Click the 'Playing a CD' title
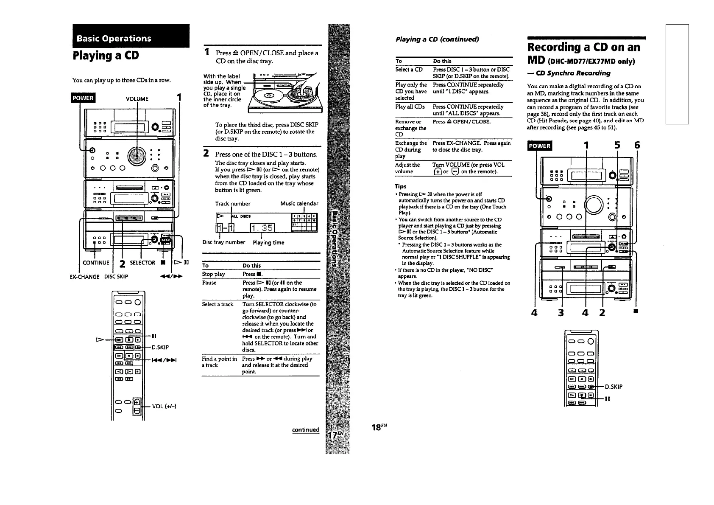[106, 56]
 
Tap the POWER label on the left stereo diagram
[83, 98]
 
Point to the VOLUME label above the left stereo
[137, 99]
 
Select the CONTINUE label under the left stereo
[96, 263]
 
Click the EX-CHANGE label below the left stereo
[85, 277]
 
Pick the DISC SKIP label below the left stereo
[116, 277]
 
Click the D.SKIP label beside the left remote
[160, 348]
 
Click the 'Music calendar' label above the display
[299, 204]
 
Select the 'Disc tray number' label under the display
[223, 242]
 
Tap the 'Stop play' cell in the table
[214, 274]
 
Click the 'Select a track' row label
[218, 304]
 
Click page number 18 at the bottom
[376, 427]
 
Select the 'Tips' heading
[401, 186]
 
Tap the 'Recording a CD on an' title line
[583, 47]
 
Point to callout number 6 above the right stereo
[637, 146]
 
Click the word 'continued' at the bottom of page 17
[306, 429]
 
